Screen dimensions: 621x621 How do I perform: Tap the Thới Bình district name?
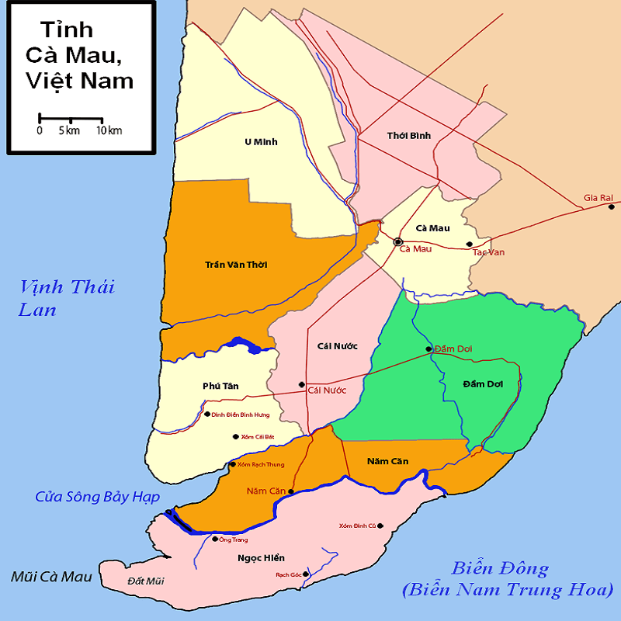pyautogui.click(x=408, y=136)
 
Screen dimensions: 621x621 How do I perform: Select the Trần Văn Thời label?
pyautogui.click(x=237, y=265)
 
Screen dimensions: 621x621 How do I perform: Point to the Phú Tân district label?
pyautogui.click(x=220, y=386)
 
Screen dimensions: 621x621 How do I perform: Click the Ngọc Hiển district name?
pyautogui.click(x=261, y=557)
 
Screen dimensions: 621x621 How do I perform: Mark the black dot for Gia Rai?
pyautogui.click(x=612, y=206)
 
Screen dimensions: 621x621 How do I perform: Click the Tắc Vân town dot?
pyautogui.click(x=469, y=245)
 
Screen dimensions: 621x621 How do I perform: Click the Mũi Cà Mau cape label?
pyautogui.click(x=51, y=577)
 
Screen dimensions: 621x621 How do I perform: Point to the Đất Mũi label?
pyautogui.click(x=146, y=581)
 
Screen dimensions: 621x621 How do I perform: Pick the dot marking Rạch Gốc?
pyautogui.click(x=306, y=574)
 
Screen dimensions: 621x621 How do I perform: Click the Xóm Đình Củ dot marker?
pyautogui.click(x=380, y=526)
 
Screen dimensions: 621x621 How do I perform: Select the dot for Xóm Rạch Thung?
pyautogui.click(x=232, y=464)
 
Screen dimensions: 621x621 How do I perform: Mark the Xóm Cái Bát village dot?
pyautogui.click(x=235, y=436)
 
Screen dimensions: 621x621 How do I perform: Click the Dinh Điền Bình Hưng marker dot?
pyautogui.click(x=206, y=414)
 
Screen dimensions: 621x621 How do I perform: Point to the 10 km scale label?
pyautogui.click(x=109, y=130)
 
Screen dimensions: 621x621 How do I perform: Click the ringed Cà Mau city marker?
pyautogui.click(x=398, y=241)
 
